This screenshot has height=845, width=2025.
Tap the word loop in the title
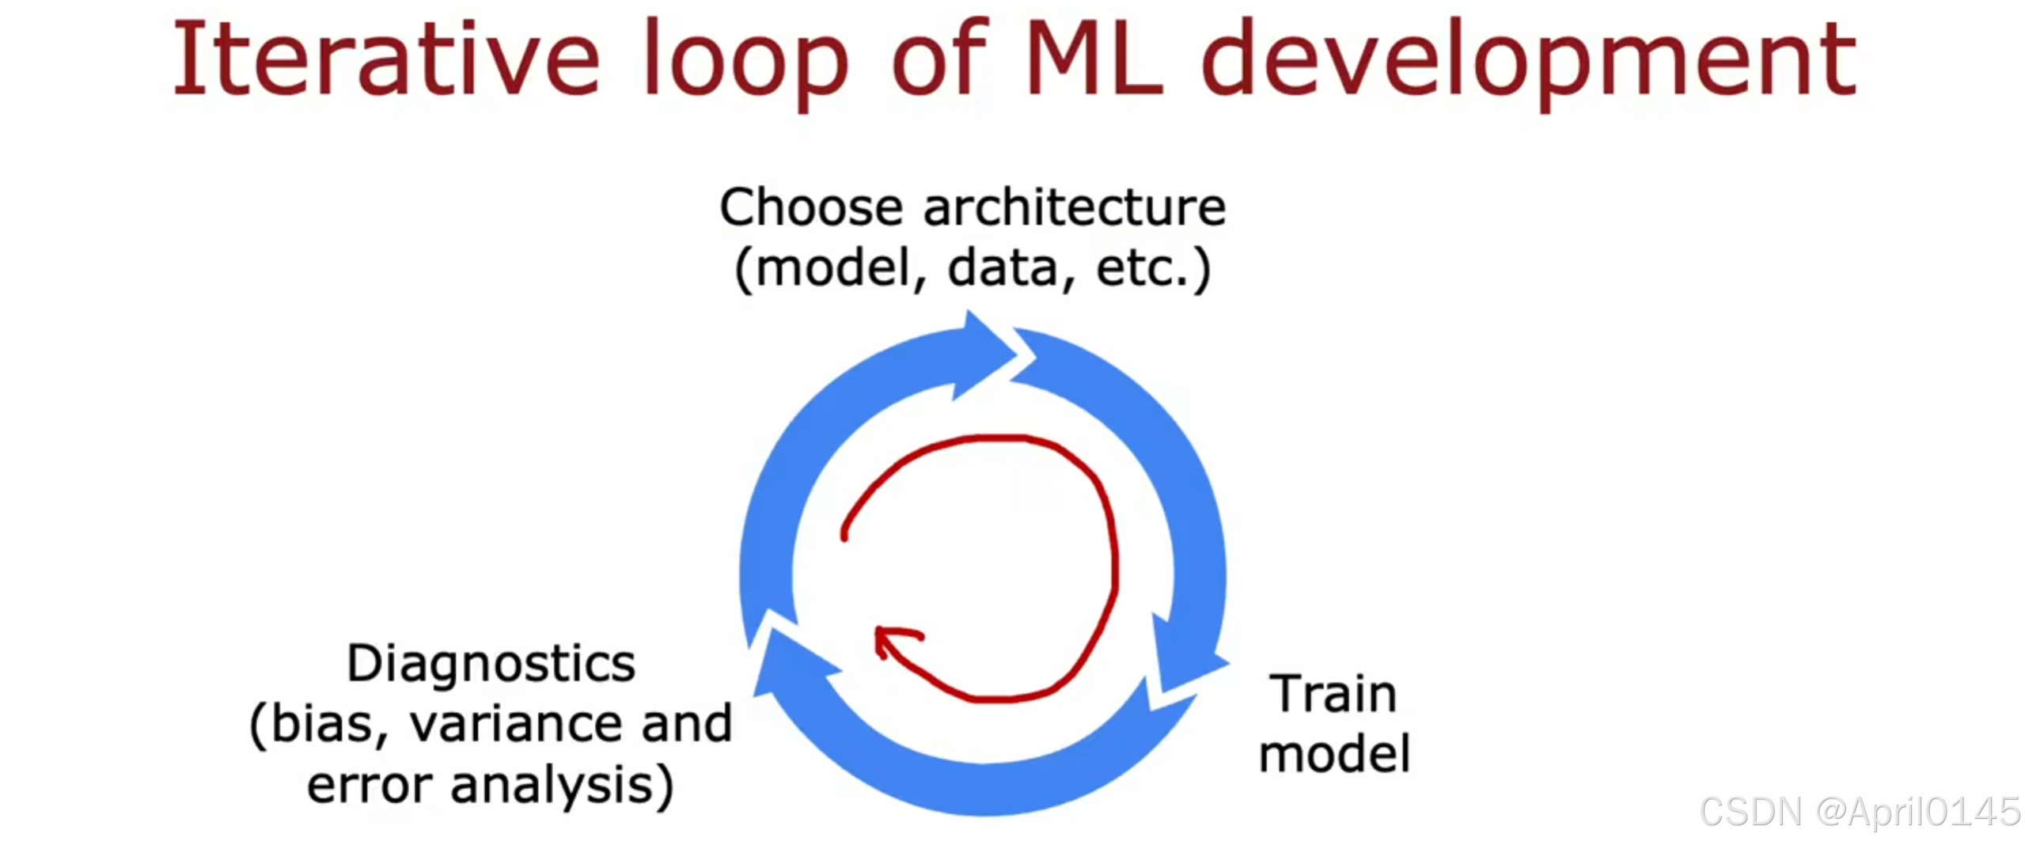746,62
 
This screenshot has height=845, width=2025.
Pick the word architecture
1075,207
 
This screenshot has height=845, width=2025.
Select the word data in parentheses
1003,268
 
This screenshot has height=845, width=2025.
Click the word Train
1333,694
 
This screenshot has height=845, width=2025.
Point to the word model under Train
1334,753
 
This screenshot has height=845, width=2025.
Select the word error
369,786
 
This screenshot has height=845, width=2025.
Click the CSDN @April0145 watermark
1860,812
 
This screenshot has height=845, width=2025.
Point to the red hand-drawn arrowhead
890,639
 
